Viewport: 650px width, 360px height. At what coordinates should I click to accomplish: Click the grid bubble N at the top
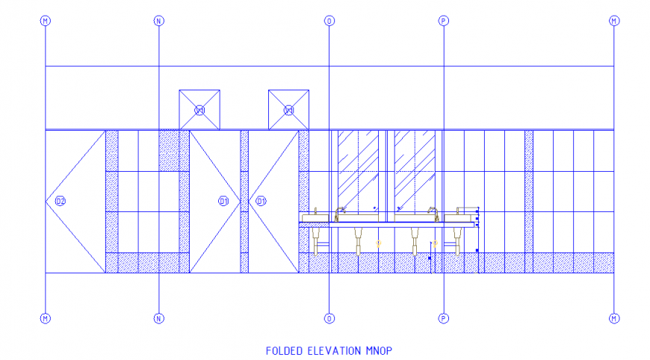click(158, 21)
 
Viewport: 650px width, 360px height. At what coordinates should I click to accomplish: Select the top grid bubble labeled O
click(329, 21)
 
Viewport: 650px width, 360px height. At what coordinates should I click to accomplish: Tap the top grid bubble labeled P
click(444, 21)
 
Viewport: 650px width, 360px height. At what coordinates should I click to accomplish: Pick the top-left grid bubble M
click(46, 21)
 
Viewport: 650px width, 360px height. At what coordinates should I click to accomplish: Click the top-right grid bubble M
click(614, 21)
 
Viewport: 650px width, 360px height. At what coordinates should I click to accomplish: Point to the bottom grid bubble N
click(158, 318)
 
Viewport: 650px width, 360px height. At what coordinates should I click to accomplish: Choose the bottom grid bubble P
click(444, 318)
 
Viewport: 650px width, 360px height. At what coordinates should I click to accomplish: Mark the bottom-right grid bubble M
click(614, 318)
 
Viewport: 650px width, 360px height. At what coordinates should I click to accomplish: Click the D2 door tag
click(61, 201)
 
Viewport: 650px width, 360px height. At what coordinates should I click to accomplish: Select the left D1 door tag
click(223, 201)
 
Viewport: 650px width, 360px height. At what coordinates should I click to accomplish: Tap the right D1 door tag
click(261, 201)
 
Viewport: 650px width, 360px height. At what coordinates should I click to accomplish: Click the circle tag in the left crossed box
click(199, 111)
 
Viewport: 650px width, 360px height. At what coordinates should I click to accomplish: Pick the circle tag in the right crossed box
click(289, 111)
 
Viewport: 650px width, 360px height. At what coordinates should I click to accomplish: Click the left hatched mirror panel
click(358, 171)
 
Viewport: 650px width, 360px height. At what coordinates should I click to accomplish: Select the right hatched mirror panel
click(415, 171)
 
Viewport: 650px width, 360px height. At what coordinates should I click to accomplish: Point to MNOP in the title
click(379, 350)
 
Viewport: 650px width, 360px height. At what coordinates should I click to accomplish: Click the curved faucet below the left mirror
click(341, 211)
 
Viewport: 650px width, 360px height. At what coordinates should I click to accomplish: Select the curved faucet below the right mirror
click(432, 211)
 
